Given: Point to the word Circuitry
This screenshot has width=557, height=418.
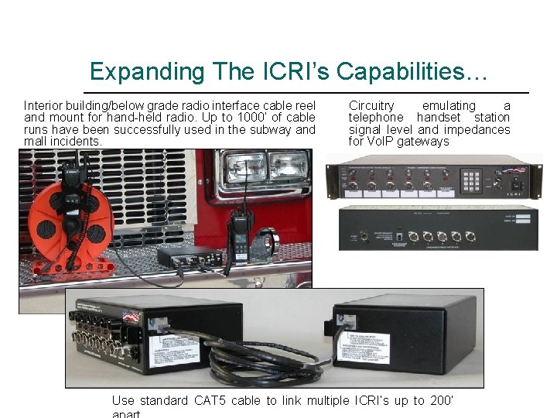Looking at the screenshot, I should [x=371, y=105].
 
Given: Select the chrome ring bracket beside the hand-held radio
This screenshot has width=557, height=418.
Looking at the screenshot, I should [x=266, y=237].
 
